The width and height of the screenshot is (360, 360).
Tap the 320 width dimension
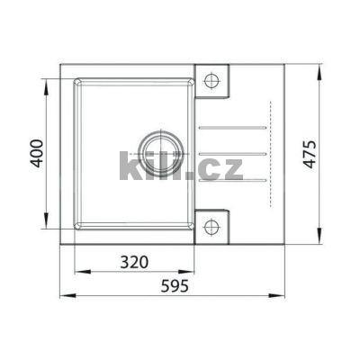[x=134, y=263]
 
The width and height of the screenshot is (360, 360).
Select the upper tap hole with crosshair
[x=212, y=82]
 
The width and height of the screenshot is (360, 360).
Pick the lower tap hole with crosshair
[x=212, y=225]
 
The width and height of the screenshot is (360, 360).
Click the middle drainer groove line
[x=230, y=154]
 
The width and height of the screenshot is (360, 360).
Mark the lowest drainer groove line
[x=230, y=181]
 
